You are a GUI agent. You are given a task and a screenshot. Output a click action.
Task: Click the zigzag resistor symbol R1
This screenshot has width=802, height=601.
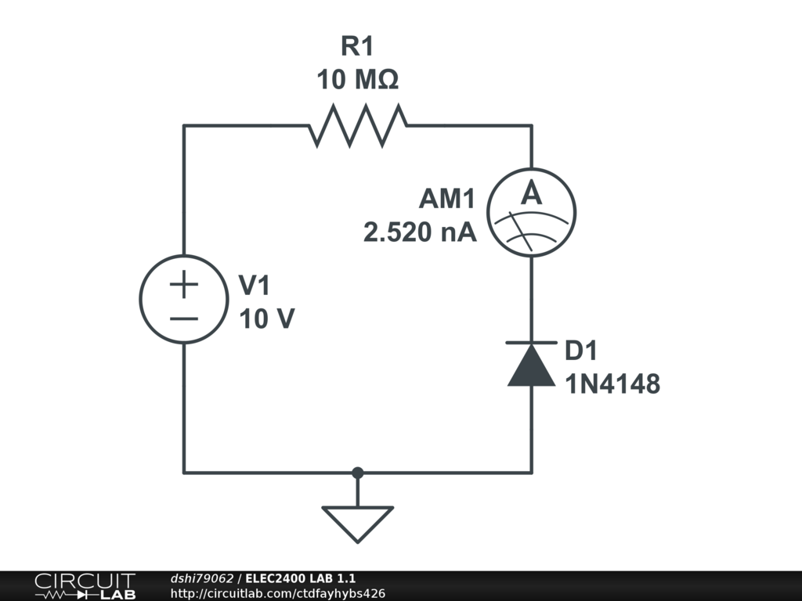coord(358,126)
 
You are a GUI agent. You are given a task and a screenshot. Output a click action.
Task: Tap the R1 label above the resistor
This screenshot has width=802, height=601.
coord(357,47)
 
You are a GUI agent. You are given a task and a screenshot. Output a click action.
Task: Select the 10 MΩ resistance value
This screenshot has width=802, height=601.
coord(357,80)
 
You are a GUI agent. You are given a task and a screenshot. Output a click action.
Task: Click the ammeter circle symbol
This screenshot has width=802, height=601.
coord(532,211)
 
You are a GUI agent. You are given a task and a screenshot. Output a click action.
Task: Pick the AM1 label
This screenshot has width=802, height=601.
coord(446,200)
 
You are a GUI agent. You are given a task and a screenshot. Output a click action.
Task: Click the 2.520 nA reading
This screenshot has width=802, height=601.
coord(420,232)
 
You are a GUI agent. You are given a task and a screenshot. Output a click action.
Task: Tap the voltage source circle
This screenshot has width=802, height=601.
coord(184,300)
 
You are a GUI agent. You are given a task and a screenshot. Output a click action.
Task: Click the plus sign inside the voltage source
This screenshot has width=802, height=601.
coord(184,285)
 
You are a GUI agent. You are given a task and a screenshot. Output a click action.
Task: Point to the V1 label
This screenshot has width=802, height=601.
coord(255,286)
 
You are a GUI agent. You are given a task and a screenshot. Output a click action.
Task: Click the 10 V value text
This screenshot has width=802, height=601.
coord(267,318)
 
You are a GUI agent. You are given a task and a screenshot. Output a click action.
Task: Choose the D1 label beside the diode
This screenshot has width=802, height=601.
coord(582,351)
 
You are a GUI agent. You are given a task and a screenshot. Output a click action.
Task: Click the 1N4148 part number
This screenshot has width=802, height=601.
coord(613,383)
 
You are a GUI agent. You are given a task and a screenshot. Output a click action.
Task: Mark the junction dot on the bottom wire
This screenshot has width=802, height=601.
coord(358,473)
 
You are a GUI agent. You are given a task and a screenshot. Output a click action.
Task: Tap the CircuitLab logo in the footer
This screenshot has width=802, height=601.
coord(85,585)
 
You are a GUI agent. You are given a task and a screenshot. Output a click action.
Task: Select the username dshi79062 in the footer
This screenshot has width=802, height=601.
coord(202,578)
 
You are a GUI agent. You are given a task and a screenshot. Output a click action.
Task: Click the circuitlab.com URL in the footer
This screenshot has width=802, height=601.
coord(277,593)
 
